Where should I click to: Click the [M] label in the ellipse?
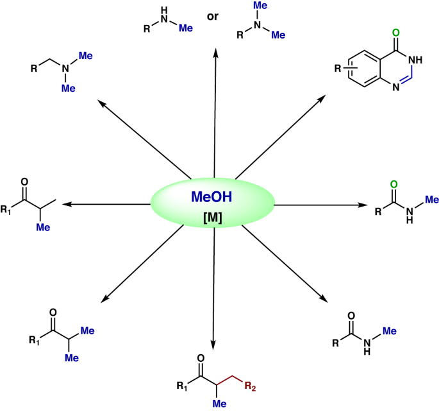pyautogui.click(x=212, y=217)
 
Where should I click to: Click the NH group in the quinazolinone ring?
pyautogui.click(x=415, y=60)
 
